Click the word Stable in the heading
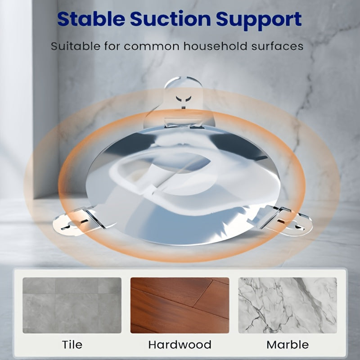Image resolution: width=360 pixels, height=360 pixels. pos(91,19)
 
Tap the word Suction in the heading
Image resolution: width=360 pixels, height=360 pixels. pos(171,19)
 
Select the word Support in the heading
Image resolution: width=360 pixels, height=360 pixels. pos(259,20)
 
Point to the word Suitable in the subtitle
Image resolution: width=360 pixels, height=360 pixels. pos(76,46)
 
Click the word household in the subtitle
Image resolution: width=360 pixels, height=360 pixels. pos(216,46)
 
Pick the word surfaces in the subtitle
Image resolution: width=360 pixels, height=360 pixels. pos(277,46)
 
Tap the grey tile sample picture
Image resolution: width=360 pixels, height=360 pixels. pos(72,305)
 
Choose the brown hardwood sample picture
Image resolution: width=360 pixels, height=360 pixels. pos(180,305)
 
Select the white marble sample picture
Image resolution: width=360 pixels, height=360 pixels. pos(288,305)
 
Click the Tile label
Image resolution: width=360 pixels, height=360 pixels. pos(72,345)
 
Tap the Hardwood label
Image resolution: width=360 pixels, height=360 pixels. pos(180,345)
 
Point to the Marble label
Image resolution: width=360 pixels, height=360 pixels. pos(288,345)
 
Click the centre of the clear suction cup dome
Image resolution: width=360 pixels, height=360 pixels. pos(183,184)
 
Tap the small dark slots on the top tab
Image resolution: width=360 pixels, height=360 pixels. pos(184,99)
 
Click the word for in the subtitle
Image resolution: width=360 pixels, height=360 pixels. pos(112,46)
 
